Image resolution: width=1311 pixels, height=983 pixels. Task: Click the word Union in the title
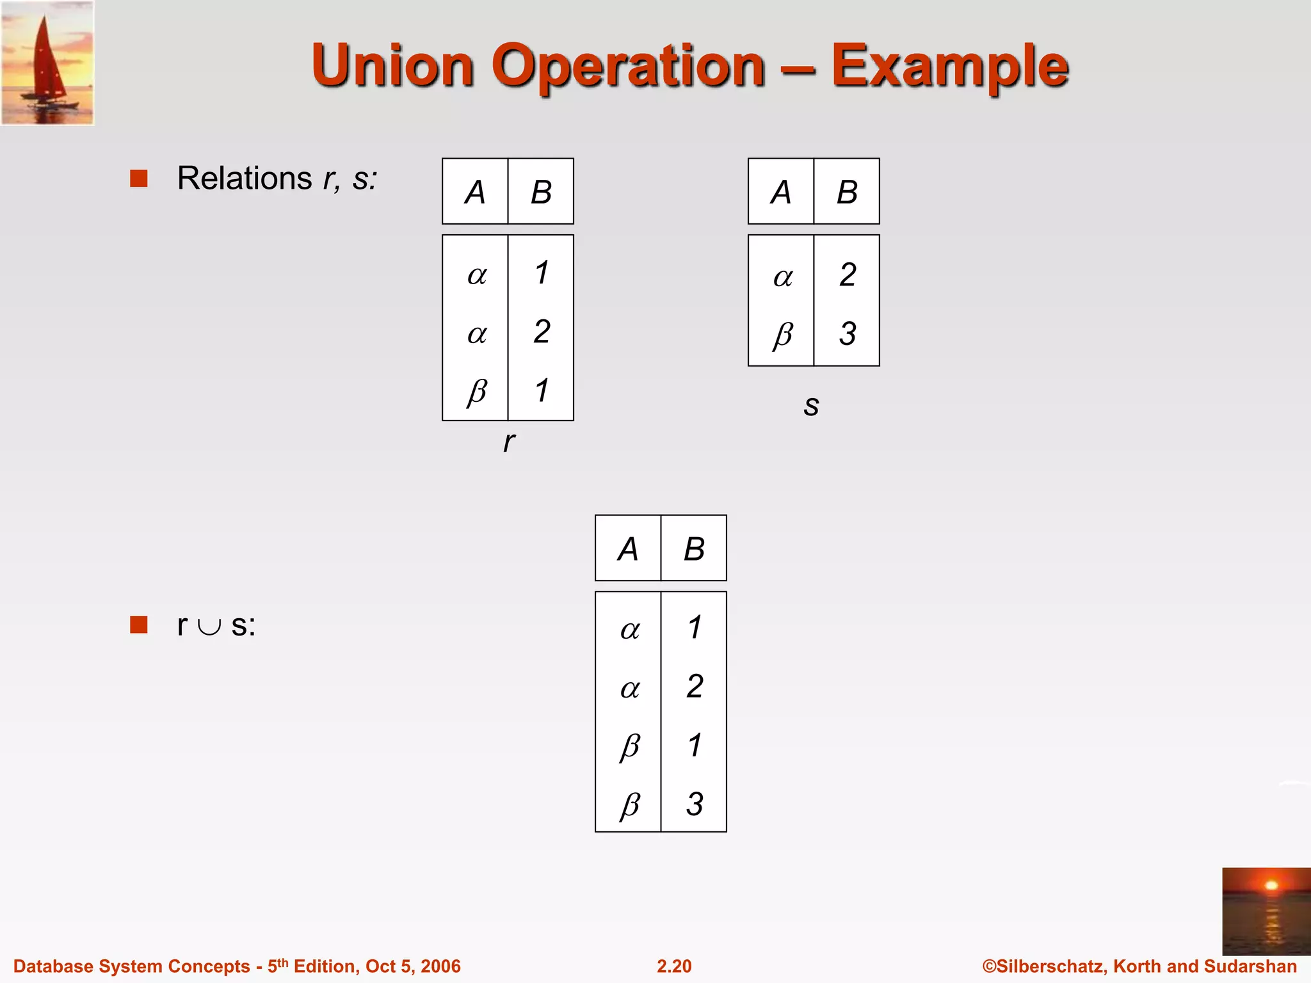tap(392, 66)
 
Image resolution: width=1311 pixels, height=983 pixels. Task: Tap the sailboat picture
tap(47, 63)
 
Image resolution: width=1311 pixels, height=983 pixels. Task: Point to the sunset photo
tap(1266, 911)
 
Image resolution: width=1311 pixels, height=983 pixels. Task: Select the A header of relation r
tap(475, 192)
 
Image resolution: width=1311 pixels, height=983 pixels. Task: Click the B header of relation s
tap(847, 192)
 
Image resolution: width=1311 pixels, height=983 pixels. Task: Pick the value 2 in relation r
tap(542, 332)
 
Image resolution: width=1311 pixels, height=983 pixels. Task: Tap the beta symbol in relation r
tap(477, 391)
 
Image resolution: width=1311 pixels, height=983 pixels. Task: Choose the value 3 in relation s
tap(848, 333)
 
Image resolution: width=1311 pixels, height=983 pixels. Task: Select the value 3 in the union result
tap(695, 804)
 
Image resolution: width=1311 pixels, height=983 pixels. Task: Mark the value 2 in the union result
tap(695, 686)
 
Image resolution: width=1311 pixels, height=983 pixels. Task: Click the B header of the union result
tap(694, 549)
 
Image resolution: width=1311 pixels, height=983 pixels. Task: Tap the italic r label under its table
tap(508, 442)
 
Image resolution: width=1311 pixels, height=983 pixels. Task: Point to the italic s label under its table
tap(811, 405)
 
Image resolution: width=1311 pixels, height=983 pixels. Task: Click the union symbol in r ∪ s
tap(209, 627)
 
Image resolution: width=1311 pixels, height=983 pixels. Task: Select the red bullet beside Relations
tap(139, 178)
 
